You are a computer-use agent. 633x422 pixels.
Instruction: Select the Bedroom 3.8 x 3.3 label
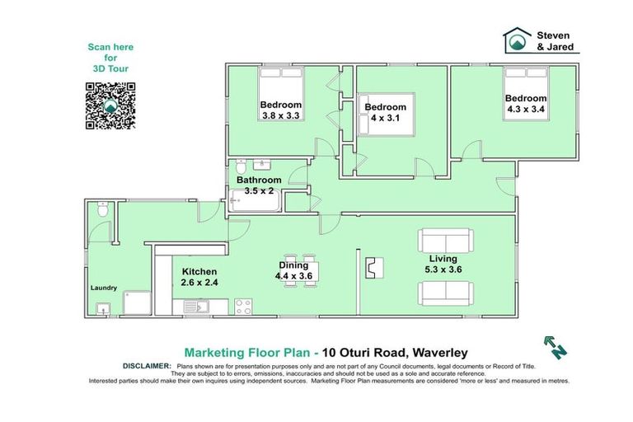[281, 110]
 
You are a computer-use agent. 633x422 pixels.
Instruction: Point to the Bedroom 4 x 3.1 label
[385, 113]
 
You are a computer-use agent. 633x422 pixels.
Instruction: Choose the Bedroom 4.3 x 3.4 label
[526, 104]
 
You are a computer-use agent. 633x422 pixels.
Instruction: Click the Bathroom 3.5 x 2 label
[259, 185]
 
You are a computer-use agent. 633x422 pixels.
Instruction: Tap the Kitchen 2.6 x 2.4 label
[199, 277]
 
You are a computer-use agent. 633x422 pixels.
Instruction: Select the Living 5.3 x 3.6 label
[437, 264]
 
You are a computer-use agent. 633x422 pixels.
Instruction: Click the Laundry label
[104, 288]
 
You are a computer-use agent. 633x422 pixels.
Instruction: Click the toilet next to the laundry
[100, 211]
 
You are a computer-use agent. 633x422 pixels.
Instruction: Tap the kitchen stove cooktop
[243, 307]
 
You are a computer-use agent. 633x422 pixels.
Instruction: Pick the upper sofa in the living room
[444, 240]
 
